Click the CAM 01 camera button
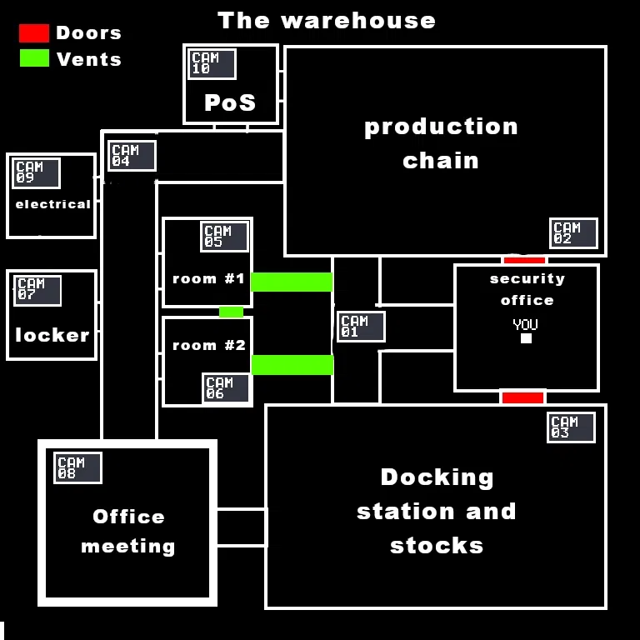pyautogui.click(x=361, y=327)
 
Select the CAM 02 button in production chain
pyautogui.click(x=573, y=233)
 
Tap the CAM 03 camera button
pyautogui.click(x=571, y=427)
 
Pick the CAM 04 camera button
pyautogui.click(x=132, y=156)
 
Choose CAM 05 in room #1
pyautogui.click(x=224, y=237)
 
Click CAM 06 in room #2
pyautogui.click(x=226, y=388)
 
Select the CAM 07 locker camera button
pyautogui.click(x=37, y=291)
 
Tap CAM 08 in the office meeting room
pyautogui.click(x=77, y=468)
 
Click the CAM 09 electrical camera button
pyautogui.click(x=36, y=173)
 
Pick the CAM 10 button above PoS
pyautogui.click(x=212, y=64)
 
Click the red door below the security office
pyautogui.click(x=522, y=397)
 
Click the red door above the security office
pyautogui.click(x=524, y=260)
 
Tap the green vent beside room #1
pyautogui.click(x=292, y=282)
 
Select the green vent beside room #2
pyautogui.click(x=292, y=365)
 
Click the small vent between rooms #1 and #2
pyautogui.click(x=231, y=312)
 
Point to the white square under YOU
pyautogui.click(x=526, y=338)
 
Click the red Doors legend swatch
pyautogui.click(x=34, y=33)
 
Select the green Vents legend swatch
pyautogui.click(x=34, y=58)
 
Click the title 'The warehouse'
pyautogui.click(x=327, y=21)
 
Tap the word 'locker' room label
pyautogui.click(x=52, y=335)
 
